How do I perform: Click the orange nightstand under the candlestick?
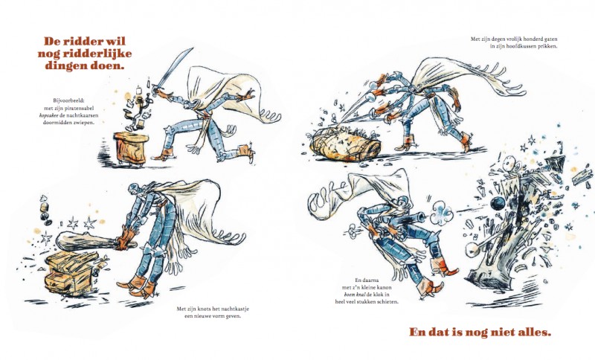[x=131, y=148]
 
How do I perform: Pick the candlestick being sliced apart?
[x=137, y=106]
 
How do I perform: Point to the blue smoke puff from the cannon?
[x=441, y=214]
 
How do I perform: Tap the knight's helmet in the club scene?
[x=135, y=189]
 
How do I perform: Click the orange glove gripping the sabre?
[x=162, y=93]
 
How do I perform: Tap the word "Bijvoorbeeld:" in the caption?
[x=68, y=101]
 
